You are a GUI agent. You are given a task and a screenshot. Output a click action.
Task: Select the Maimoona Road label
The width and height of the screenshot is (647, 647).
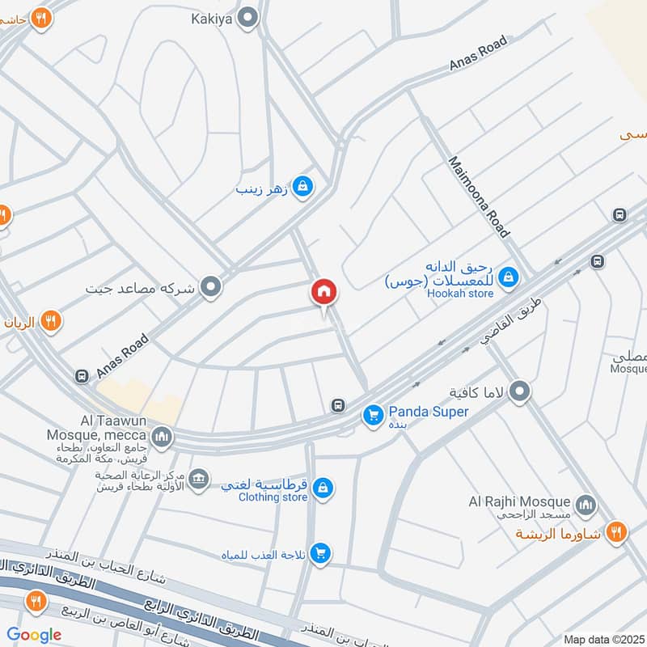(x=480, y=197)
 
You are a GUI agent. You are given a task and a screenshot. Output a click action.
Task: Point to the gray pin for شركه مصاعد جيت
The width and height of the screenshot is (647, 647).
(x=211, y=286)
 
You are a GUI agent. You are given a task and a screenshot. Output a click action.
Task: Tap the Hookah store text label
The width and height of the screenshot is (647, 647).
(x=459, y=293)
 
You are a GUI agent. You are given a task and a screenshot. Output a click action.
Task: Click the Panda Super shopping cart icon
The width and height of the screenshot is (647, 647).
(x=373, y=414)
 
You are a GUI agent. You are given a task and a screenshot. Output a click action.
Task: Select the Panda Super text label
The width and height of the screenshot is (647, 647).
(x=429, y=412)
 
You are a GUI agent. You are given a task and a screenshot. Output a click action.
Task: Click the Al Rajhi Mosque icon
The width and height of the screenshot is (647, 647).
(x=586, y=505)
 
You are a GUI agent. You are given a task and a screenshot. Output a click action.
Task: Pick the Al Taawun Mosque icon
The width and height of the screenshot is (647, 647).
(x=163, y=438)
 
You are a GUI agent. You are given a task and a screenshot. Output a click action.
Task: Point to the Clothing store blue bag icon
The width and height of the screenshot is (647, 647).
(x=323, y=488)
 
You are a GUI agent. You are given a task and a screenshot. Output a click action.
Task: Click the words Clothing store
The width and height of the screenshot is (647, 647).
(x=273, y=497)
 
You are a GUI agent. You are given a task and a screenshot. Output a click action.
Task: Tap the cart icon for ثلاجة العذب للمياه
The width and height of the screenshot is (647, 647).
(x=321, y=554)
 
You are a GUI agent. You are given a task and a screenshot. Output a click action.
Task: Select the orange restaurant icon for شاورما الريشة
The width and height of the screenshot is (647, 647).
(x=617, y=532)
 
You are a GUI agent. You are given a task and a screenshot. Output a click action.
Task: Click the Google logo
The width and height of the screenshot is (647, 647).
(x=35, y=635)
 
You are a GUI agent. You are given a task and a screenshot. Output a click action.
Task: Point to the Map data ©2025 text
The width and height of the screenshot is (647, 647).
(x=603, y=639)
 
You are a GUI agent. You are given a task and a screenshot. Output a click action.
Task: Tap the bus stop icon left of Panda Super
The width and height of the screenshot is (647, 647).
(x=338, y=405)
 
